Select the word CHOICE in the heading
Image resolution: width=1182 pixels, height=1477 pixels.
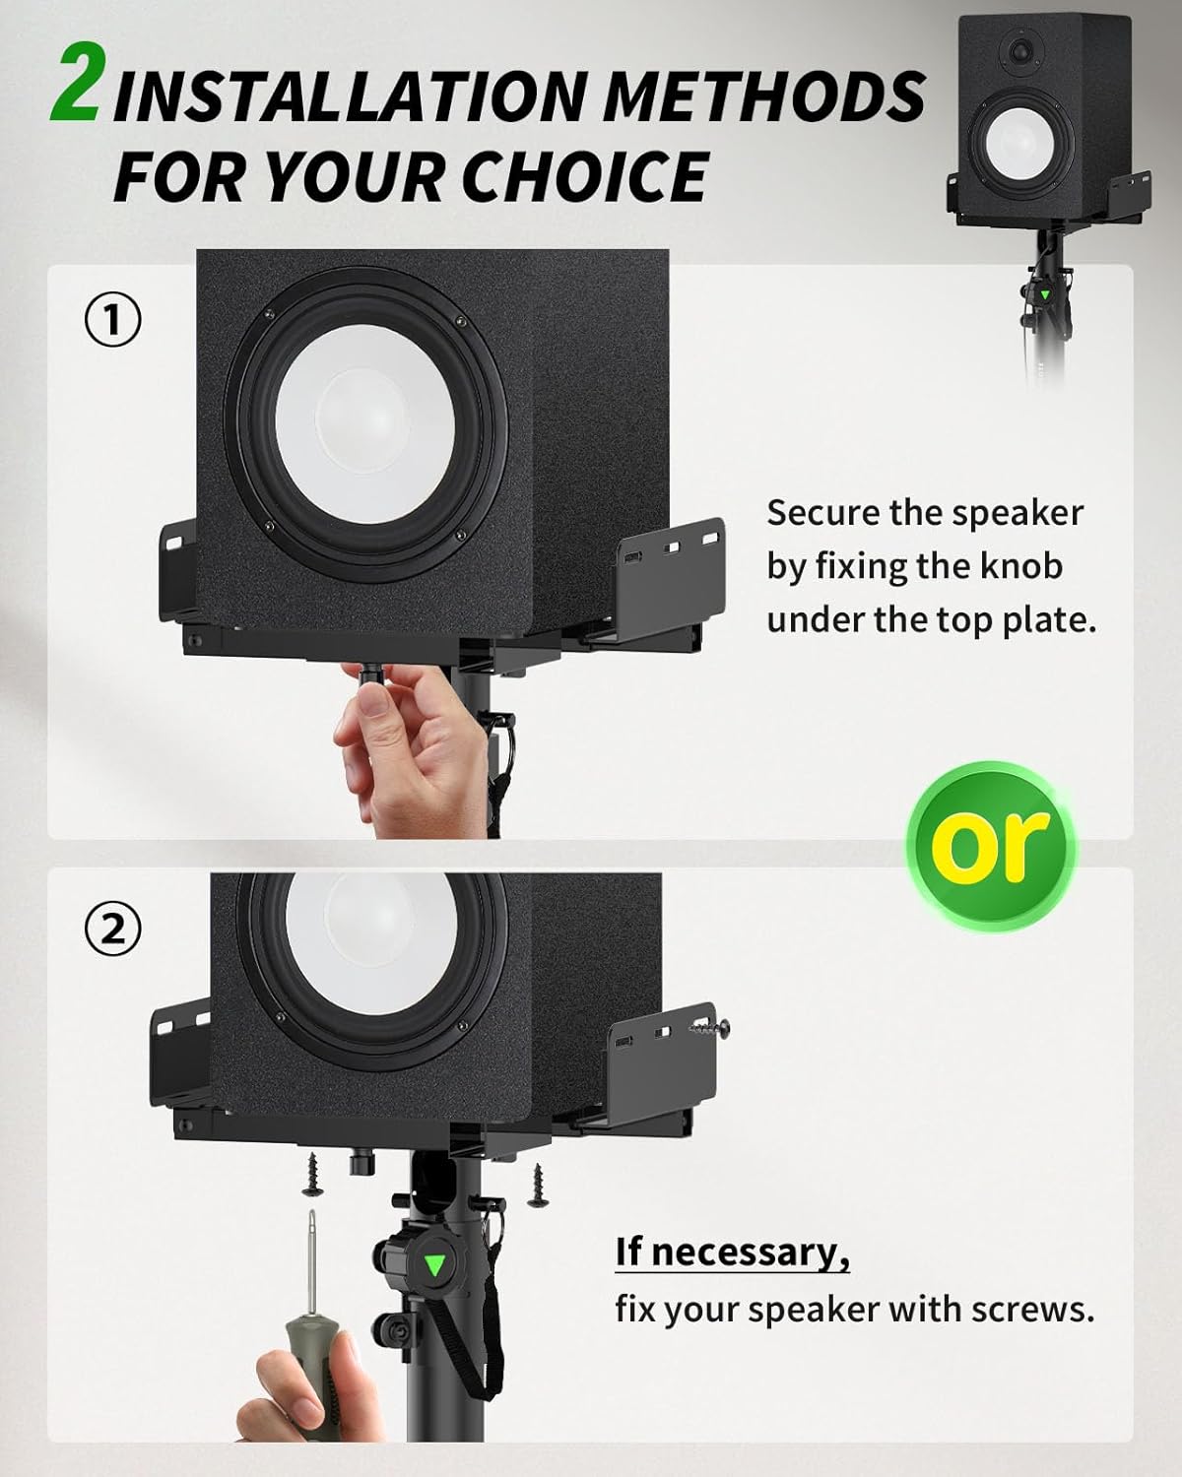[583, 177]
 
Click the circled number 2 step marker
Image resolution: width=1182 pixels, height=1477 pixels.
[113, 928]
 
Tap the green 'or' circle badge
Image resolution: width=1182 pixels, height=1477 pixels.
[991, 845]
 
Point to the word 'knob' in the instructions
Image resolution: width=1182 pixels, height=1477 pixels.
[1020, 566]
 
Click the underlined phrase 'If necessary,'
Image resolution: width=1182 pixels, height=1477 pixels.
[732, 1252]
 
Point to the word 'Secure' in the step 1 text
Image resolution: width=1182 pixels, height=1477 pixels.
[822, 513]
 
